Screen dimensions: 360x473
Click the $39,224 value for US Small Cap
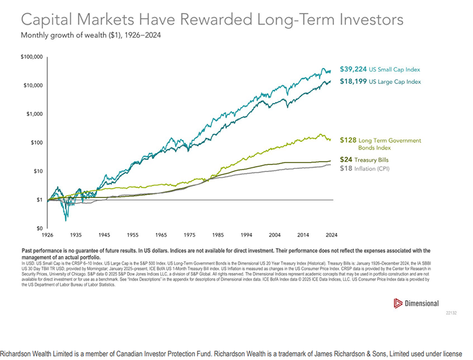[353, 69]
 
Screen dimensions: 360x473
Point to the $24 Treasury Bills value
[345, 160]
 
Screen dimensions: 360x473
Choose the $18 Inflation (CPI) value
[345, 168]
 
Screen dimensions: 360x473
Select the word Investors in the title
[368, 20]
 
